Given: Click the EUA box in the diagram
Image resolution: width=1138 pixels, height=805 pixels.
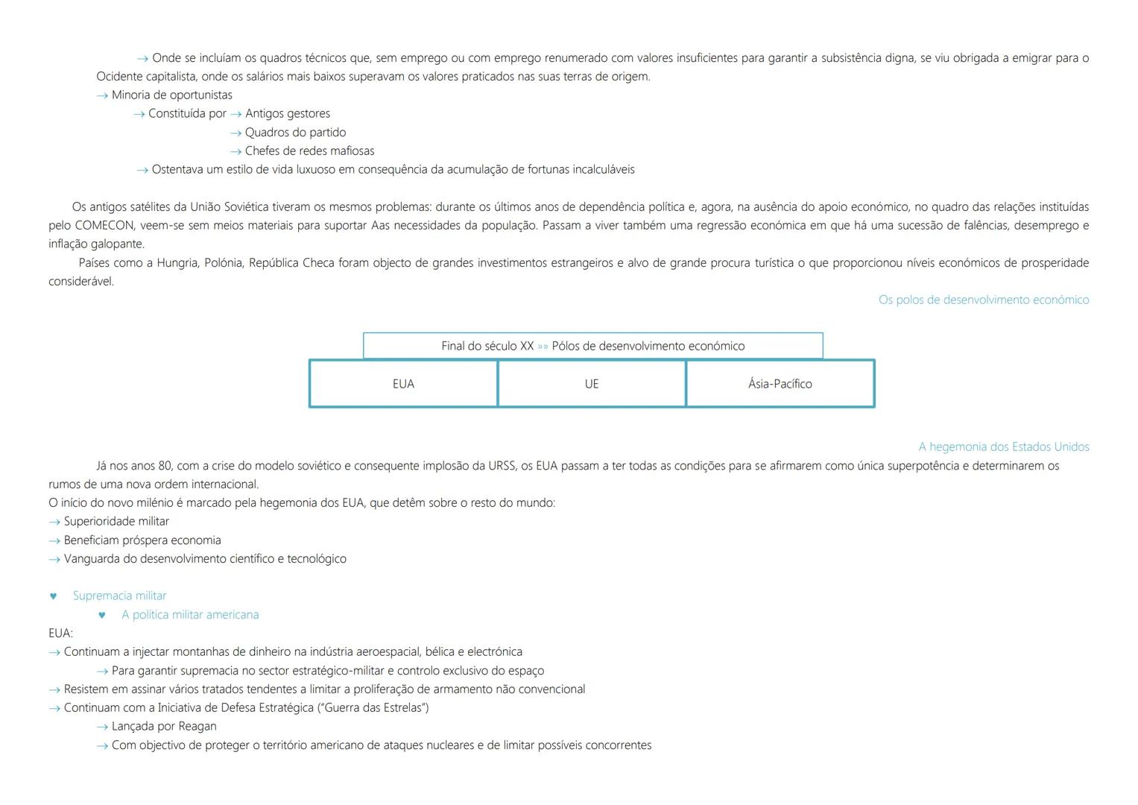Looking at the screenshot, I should point(403,384).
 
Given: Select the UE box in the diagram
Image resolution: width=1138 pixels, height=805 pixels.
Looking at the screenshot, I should point(592,384).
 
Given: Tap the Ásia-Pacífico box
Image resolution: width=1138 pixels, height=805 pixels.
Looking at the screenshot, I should point(780,384).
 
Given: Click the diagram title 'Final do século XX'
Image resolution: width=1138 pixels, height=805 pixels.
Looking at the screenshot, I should point(487,346).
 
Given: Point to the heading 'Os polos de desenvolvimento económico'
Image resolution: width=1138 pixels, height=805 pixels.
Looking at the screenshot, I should point(983,300).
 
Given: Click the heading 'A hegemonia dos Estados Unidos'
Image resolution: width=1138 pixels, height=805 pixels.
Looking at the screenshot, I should point(1003,446).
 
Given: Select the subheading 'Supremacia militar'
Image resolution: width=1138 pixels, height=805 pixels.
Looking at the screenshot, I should point(119,596).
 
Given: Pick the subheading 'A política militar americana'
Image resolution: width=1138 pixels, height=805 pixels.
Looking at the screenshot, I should point(190,614).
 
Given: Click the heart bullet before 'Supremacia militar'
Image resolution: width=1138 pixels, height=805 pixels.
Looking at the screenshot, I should point(53,596).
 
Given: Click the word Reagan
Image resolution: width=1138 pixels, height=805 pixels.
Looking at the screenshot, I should point(197,726).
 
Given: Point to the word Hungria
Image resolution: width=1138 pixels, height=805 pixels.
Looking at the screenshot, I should point(177,262).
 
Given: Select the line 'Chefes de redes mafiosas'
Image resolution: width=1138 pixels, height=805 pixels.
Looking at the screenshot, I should point(309,151).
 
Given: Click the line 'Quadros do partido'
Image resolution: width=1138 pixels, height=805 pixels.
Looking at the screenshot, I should point(295,132).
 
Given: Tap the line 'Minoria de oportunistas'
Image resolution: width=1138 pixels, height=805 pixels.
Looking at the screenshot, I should point(171,95).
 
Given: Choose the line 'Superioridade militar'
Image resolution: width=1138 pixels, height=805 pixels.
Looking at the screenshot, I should point(116,521).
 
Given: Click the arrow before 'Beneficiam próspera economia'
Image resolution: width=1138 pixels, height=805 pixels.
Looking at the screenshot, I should point(54,540).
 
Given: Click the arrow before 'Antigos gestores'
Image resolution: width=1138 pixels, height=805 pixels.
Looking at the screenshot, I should point(235,114).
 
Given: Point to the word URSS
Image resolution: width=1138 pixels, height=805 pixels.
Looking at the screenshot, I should point(502,466).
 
